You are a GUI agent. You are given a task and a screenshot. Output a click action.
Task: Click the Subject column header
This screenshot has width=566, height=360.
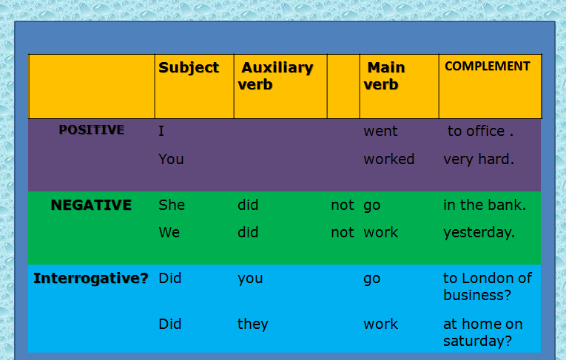(x=189, y=68)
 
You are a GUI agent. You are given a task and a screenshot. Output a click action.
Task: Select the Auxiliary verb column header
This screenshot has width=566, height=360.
(x=275, y=76)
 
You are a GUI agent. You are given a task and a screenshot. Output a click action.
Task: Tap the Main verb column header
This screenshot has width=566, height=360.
(x=385, y=76)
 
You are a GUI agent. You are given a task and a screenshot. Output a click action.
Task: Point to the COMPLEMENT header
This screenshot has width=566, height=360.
(x=487, y=67)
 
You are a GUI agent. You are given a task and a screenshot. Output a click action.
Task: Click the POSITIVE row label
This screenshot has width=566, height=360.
(x=92, y=130)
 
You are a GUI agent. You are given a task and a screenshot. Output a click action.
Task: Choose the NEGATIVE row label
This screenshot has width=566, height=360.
(x=91, y=205)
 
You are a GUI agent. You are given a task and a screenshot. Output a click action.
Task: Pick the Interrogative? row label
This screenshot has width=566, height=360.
(x=91, y=279)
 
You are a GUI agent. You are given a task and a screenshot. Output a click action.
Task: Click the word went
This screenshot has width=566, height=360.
(x=380, y=132)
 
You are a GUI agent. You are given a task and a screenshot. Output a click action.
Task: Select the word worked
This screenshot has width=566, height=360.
(x=388, y=159)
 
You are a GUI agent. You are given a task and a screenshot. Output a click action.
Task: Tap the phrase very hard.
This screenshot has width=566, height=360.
(x=478, y=159)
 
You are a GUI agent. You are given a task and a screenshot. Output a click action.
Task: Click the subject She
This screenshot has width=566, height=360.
(x=172, y=206)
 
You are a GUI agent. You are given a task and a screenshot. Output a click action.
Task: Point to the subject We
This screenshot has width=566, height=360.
(x=169, y=232)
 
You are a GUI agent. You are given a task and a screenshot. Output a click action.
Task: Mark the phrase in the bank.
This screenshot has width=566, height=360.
(x=485, y=206)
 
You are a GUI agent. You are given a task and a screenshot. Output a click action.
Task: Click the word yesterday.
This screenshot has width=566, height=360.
(x=479, y=233)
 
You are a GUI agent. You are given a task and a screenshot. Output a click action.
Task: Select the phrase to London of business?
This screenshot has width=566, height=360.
(x=487, y=286)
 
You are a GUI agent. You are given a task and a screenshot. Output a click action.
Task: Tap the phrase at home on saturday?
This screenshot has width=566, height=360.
(x=482, y=332)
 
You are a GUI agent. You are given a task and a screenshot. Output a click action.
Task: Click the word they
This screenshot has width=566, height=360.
(x=252, y=325)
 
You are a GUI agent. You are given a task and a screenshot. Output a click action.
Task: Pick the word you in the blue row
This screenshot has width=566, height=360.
(x=250, y=279)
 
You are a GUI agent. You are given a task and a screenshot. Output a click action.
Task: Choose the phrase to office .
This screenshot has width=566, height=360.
(x=479, y=132)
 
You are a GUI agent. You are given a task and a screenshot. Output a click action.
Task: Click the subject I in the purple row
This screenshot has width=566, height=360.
(x=161, y=132)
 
